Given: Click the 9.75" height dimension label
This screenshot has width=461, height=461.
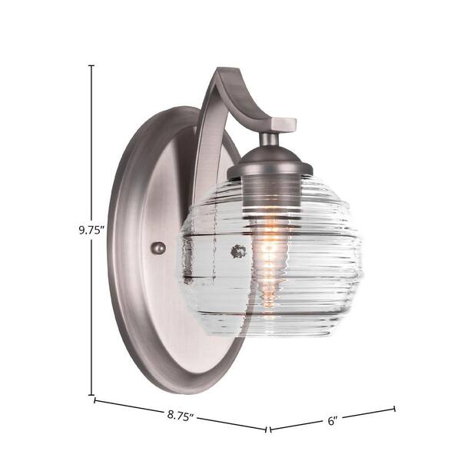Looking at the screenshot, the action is coord(91,230).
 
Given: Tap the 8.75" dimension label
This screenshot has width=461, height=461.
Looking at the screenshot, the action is coord(181,416).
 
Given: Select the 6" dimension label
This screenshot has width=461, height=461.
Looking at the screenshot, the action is coord(332,421).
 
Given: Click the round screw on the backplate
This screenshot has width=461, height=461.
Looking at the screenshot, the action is coord(158,248).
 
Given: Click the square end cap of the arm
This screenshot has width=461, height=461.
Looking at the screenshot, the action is coord(284,125).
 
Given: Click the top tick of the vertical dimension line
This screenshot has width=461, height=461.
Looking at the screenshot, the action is coord(91,65).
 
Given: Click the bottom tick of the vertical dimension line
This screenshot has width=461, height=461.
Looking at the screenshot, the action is coord(91,395).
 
